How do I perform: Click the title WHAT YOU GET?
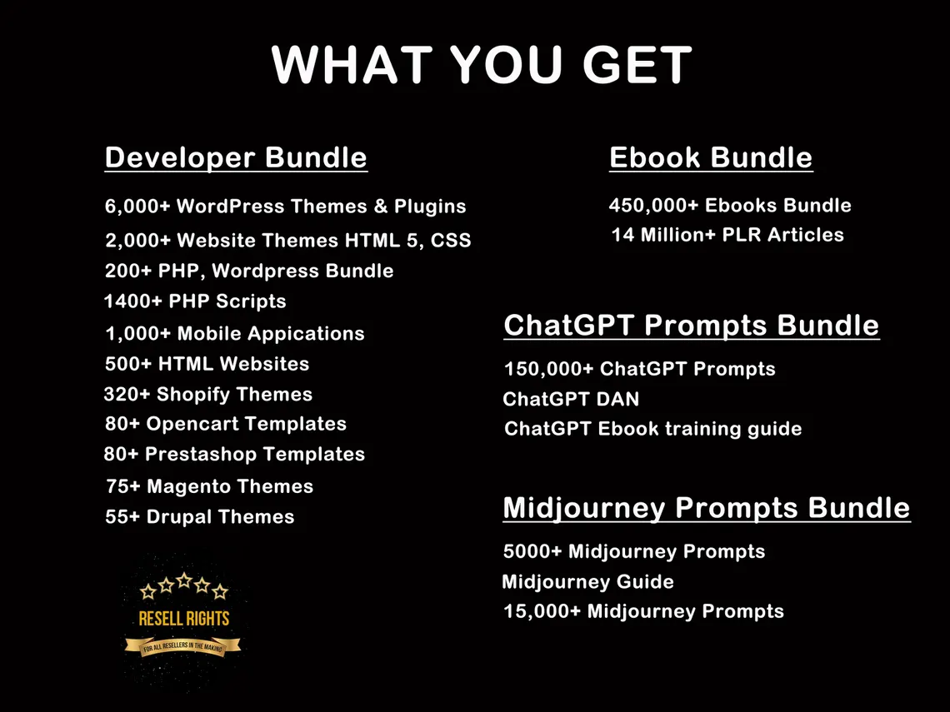coord(482,65)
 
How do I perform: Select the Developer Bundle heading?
coord(236,157)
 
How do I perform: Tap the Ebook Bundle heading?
coord(711,157)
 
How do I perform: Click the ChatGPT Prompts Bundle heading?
coord(691,325)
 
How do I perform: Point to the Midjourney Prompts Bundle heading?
coord(707,507)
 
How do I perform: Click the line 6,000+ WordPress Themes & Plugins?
coord(285,206)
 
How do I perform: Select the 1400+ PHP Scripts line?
coord(195,301)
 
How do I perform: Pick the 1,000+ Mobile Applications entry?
coord(235,333)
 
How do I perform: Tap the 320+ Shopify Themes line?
coord(208,394)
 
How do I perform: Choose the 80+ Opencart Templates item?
coord(226,423)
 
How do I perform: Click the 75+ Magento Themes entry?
coord(210,485)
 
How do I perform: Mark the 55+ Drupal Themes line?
coord(200,516)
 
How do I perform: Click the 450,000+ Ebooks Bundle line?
coord(730,205)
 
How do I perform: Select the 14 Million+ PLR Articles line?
coord(727,235)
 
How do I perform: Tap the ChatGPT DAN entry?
coord(571,399)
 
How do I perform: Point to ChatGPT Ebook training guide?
coord(653,429)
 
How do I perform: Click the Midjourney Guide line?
coord(587,581)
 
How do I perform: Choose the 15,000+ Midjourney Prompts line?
coord(643,611)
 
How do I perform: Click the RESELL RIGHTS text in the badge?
coord(183,619)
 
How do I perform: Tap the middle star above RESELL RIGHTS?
coord(184,580)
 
